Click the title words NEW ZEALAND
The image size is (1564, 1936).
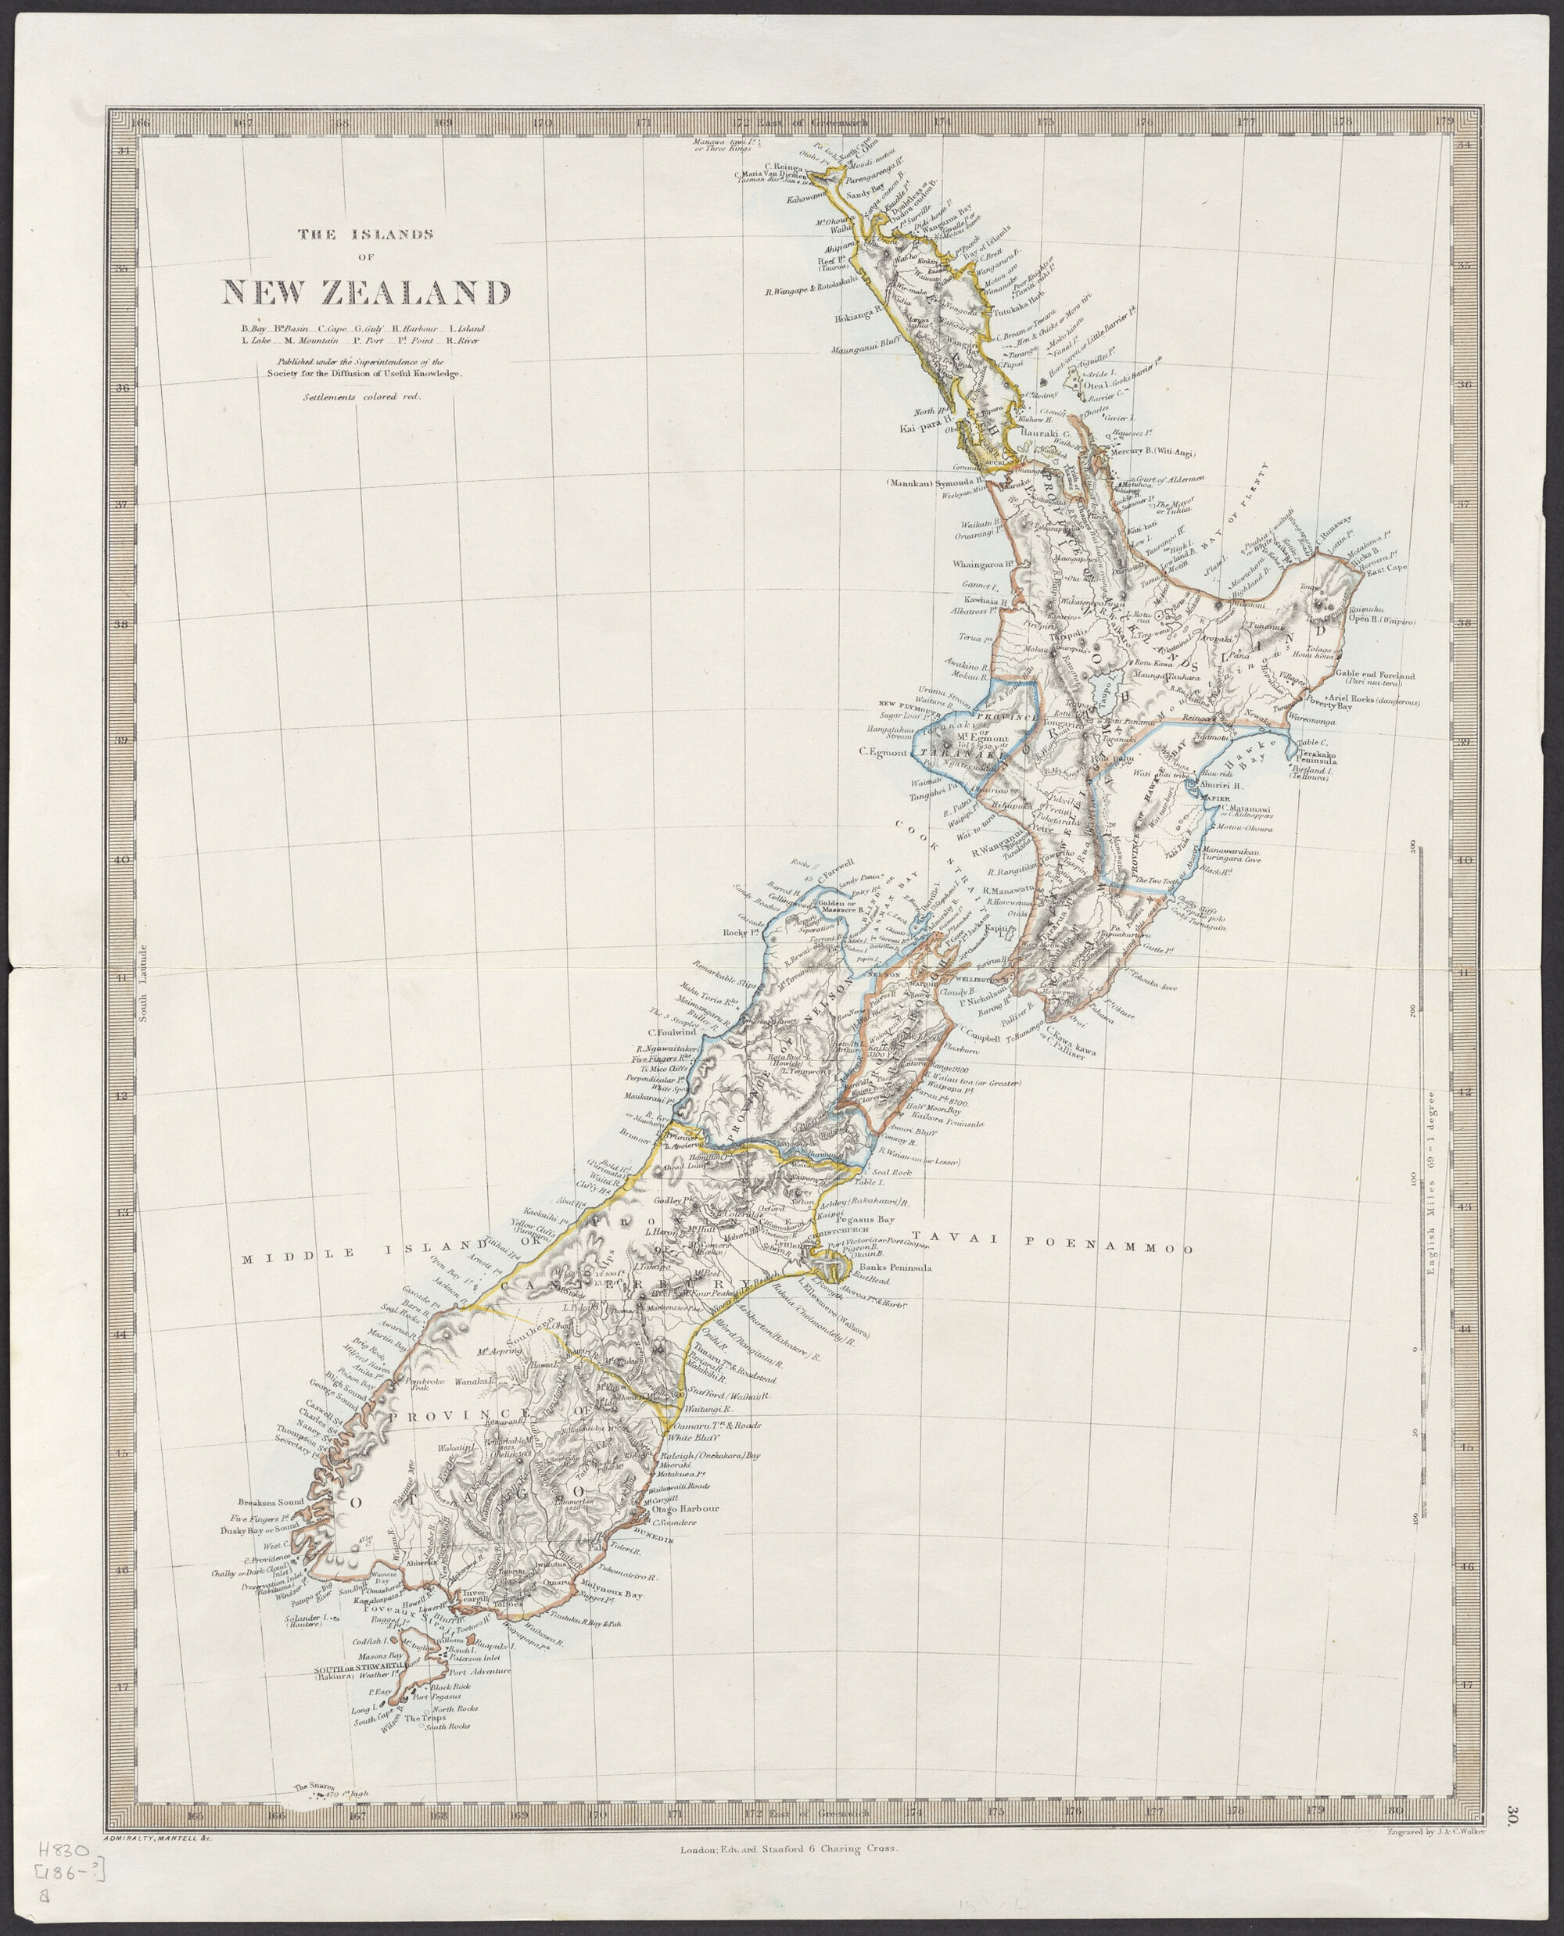[366, 291]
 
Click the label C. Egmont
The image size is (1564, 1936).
[881, 751]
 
